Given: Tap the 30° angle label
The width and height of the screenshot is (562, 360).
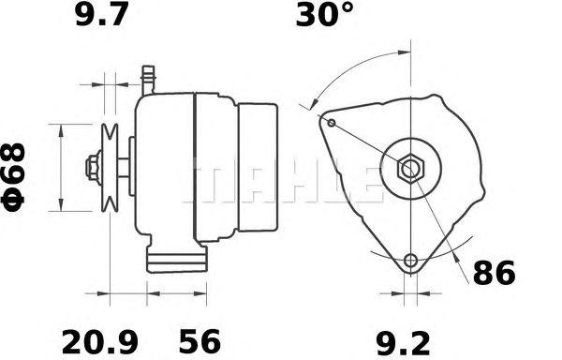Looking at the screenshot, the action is (x=324, y=14).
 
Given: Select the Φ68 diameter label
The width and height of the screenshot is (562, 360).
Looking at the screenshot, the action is (x=13, y=177).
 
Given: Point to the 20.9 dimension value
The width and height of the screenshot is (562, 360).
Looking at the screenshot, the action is (x=100, y=342).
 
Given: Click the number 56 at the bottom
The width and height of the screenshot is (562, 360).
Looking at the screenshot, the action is (x=200, y=342).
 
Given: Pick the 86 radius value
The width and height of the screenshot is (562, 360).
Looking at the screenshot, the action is (x=495, y=273).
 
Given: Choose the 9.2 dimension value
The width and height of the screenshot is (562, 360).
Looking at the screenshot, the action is (x=403, y=343).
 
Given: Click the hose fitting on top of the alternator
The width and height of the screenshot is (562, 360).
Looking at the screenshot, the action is (x=148, y=80).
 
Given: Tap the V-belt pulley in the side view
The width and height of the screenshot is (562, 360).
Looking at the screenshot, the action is (x=110, y=168).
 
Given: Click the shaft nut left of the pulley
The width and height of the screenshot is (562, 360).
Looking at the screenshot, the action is (x=94, y=168).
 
